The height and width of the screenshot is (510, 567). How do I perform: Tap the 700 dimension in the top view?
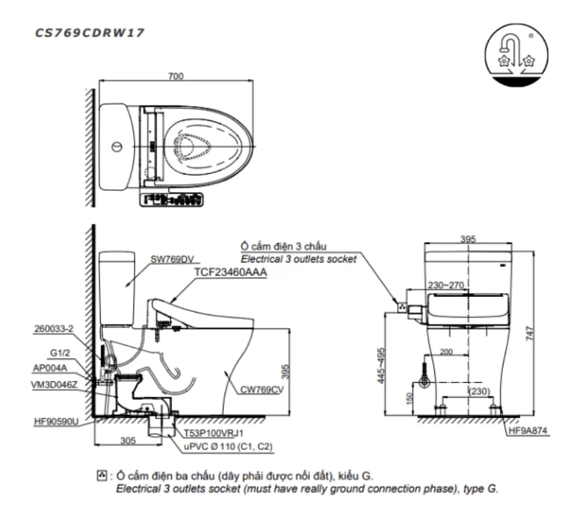pyautogui.click(x=175, y=76)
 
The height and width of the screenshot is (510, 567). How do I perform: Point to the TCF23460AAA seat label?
pyautogui.click(x=230, y=272)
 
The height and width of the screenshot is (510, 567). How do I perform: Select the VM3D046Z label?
pyautogui.click(x=55, y=384)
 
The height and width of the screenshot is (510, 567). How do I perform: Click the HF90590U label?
pyautogui.click(x=57, y=421)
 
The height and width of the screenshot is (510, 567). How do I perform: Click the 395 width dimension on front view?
pyautogui.click(x=468, y=239)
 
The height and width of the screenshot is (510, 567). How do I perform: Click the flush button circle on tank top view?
pyautogui.click(x=116, y=147)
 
